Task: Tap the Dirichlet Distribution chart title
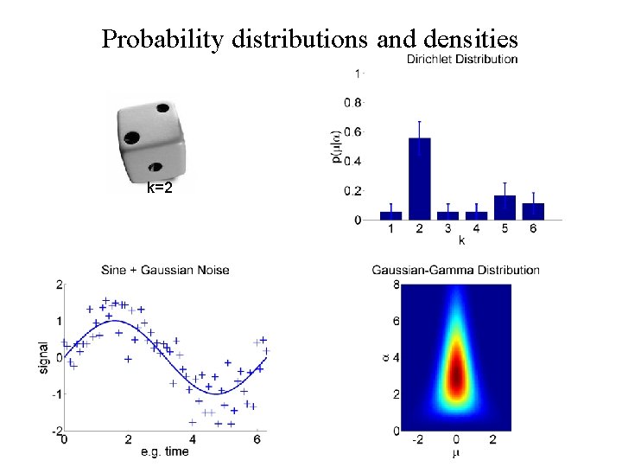click(462, 60)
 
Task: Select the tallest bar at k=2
click(420, 178)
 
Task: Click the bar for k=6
click(533, 211)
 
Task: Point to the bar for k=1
click(390, 215)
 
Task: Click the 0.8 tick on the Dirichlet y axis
click(353, 103)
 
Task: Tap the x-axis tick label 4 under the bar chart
click(477, 228)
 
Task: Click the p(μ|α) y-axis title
click(333, 147)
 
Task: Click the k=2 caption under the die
click(159, 187)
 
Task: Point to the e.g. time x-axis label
click(165, 451)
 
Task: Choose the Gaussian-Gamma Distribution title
click(455, 270)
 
